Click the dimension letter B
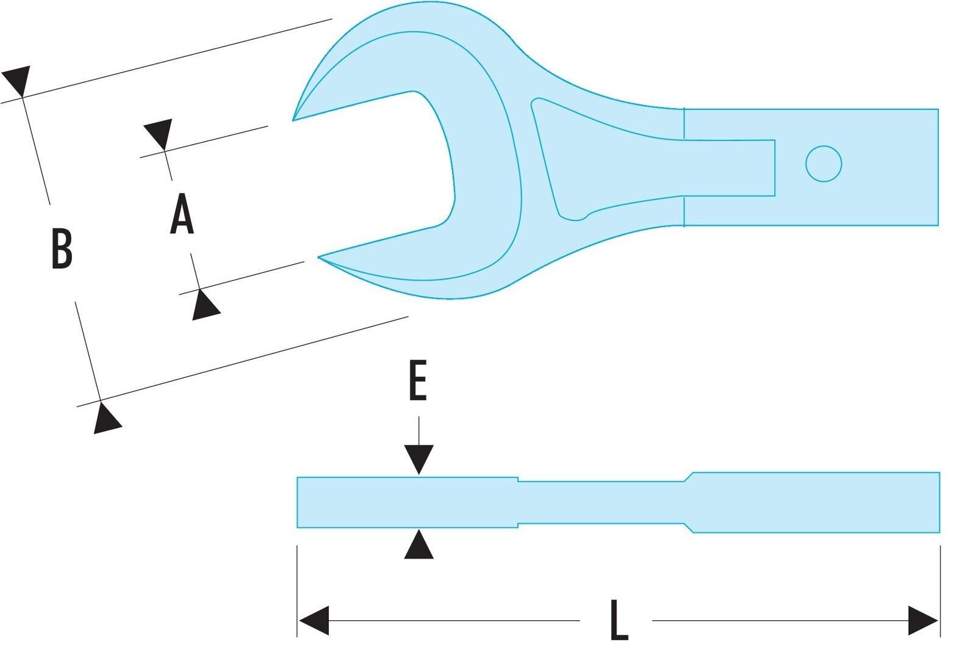point(62,248)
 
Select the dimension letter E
point(418,380)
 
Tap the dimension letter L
point(619,620)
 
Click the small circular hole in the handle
point(823,164)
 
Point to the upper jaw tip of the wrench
point(293,120)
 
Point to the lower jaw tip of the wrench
point(319,258)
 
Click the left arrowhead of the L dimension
point(314,620)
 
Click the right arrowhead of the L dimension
point(923,620)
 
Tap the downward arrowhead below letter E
point(418,459)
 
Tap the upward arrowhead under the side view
point(418,544)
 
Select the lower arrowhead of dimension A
point(205,305)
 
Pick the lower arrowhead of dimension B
point(106,419)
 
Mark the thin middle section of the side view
point(601,502)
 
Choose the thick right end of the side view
point(816,502)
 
